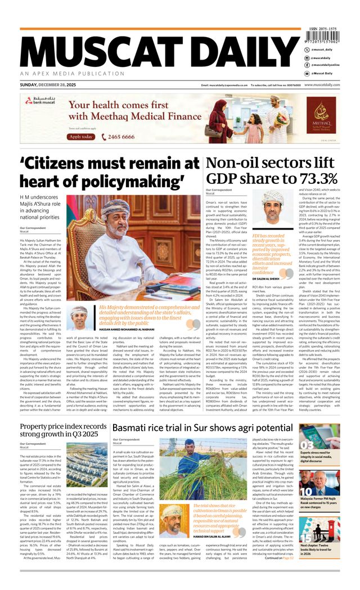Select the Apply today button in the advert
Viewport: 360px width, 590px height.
[x=81, y=137]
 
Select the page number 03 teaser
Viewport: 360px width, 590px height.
[x=309, y=447]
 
